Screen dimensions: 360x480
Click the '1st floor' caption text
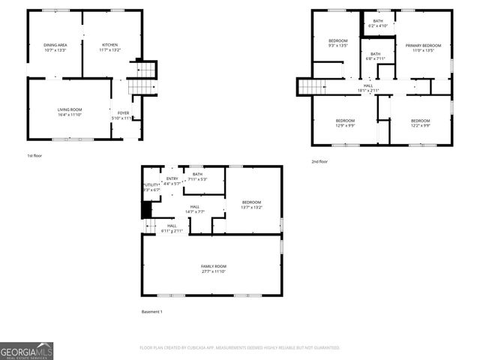point(34,155)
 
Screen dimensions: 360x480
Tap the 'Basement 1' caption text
point(151,311)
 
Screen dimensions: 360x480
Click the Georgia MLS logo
point(27,350)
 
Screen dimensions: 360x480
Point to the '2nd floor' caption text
point(319,161)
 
